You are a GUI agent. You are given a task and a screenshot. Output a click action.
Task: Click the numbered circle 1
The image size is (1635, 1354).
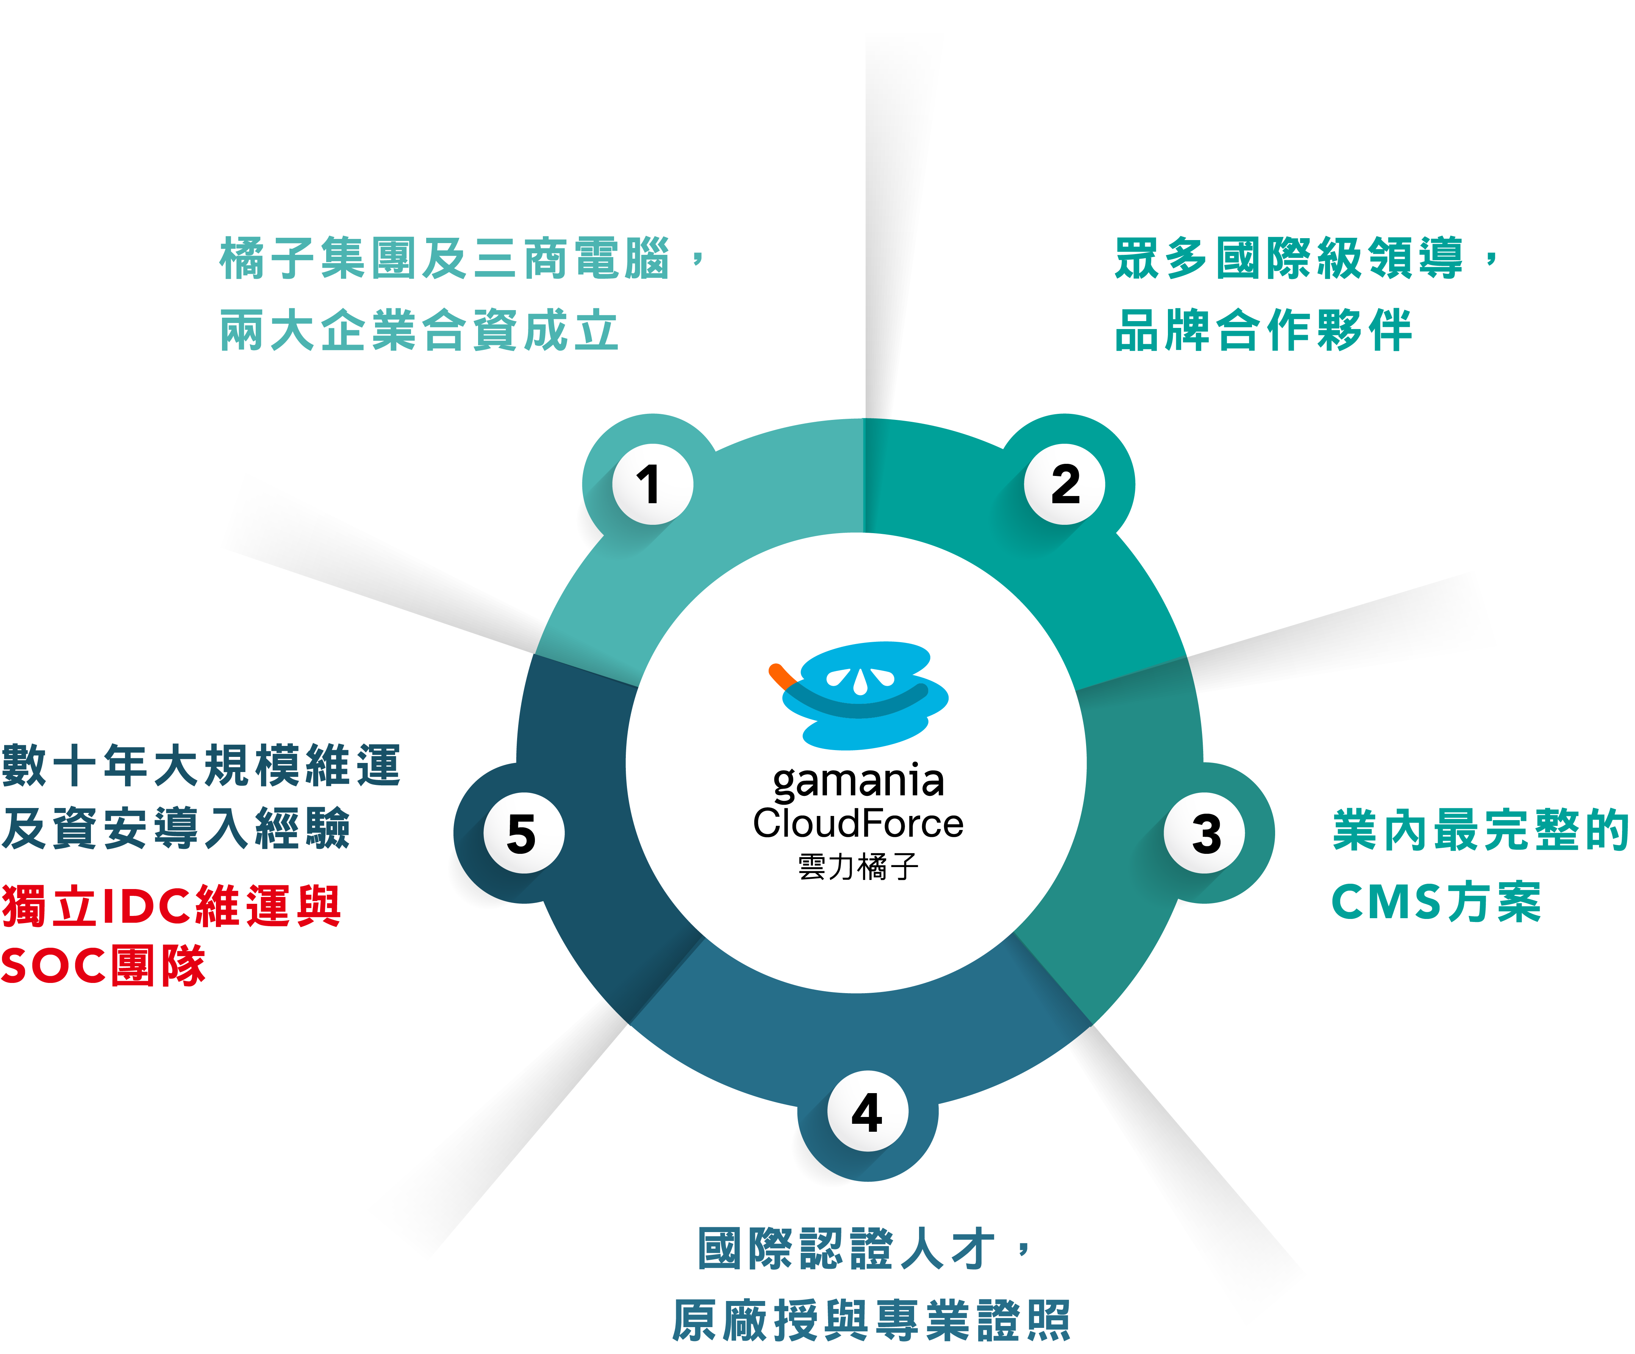tap(652, 484)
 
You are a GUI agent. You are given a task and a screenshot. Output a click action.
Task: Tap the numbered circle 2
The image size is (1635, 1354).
tap(1064, 484)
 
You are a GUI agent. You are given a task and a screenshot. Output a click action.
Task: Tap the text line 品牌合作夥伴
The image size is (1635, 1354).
tap(1263, 330)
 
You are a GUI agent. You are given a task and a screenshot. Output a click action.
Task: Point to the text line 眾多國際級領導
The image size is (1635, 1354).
tap(1288, 258)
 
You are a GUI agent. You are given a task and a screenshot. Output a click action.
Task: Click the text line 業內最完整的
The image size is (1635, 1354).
tap(1479, 830)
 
